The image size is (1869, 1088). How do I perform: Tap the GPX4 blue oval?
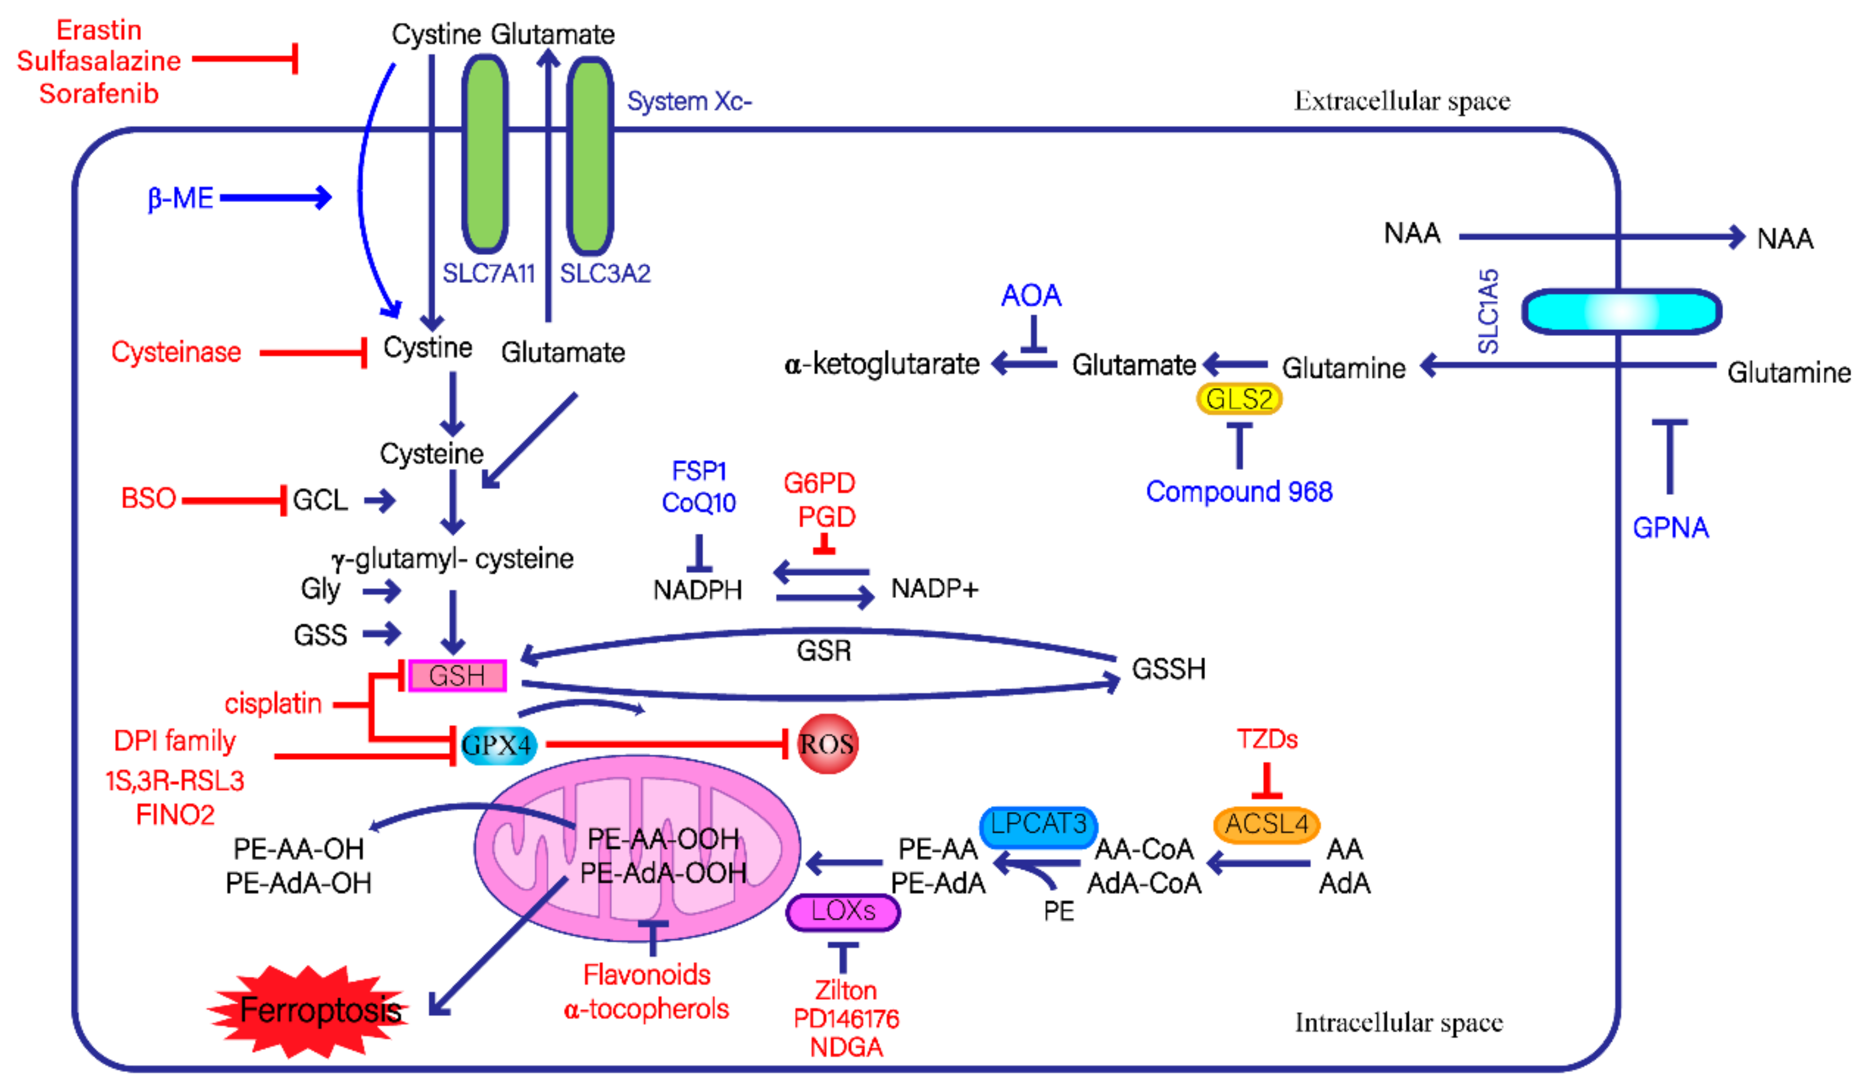click(496, 744)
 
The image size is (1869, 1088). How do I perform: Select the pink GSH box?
click(457, 676)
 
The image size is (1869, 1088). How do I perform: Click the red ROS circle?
click(827, 744)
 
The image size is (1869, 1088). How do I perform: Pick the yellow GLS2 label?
click(1239, 399)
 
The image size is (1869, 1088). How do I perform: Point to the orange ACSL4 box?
click(1266, 824)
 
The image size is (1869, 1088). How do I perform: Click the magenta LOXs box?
click(843, 911)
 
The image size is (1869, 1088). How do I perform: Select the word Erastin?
click(99, 30)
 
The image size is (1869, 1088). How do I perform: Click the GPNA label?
click(1670, 527)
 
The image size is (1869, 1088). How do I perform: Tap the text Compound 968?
click(1239, 492)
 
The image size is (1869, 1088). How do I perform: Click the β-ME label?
click(180, 198)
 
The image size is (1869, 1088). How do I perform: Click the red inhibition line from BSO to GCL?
click(230, 501)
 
